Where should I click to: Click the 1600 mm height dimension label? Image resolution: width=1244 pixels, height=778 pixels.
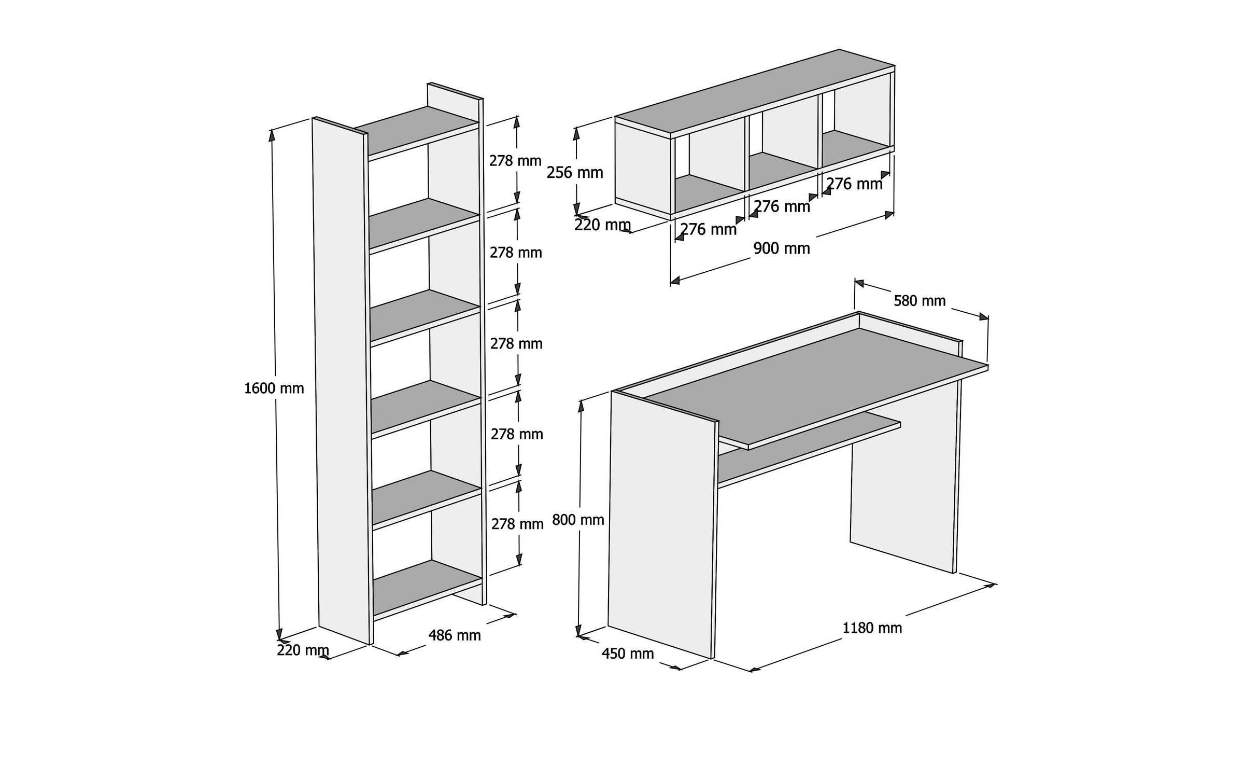[x=274, y=388]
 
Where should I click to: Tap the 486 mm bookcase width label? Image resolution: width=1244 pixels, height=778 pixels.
[x=454, y=635]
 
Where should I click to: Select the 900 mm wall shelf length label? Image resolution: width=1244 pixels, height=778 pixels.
[x=781, y=248]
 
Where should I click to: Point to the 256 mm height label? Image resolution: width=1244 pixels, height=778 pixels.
[x=575, y=173]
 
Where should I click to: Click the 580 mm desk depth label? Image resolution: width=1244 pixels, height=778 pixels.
[x=920, y=300]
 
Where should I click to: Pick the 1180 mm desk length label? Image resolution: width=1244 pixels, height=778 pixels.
[x=872, y=628]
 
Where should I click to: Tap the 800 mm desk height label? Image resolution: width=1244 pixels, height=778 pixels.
[x=578, y=519]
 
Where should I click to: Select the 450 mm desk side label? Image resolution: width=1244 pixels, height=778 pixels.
[x=628, y=654]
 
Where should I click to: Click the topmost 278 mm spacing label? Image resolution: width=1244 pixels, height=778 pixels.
[x=515, y=161]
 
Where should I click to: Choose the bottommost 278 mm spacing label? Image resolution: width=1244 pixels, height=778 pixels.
[x=517, y=524]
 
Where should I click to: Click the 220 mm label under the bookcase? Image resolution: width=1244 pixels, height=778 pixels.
[x=303, y=650]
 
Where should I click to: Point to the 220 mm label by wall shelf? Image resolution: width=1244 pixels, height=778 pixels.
[x=602, y=225]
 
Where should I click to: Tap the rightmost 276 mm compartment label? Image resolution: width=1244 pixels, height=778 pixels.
[x=854, y=184]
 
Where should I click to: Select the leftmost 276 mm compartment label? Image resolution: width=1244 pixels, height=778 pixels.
[x=708, y=229]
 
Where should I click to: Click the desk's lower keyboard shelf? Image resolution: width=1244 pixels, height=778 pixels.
[x=809, y=448]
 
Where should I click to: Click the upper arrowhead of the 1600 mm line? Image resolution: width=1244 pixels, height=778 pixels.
[x=272, y=135]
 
